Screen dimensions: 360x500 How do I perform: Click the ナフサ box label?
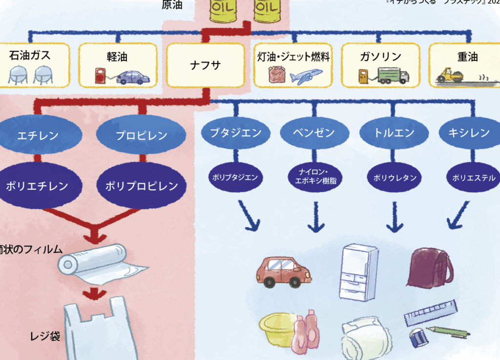205,64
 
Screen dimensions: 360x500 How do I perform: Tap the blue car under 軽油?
133,78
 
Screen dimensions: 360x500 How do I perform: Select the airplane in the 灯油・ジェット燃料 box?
306,76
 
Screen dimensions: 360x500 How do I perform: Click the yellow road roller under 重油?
451,76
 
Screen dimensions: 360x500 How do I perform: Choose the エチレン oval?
38,135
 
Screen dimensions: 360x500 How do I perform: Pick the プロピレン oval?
142,135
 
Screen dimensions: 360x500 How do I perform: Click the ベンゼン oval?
314,133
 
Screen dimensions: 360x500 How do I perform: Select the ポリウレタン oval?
395,178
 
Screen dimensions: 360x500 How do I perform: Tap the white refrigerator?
358,272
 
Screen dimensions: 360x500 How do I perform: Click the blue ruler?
431,313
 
